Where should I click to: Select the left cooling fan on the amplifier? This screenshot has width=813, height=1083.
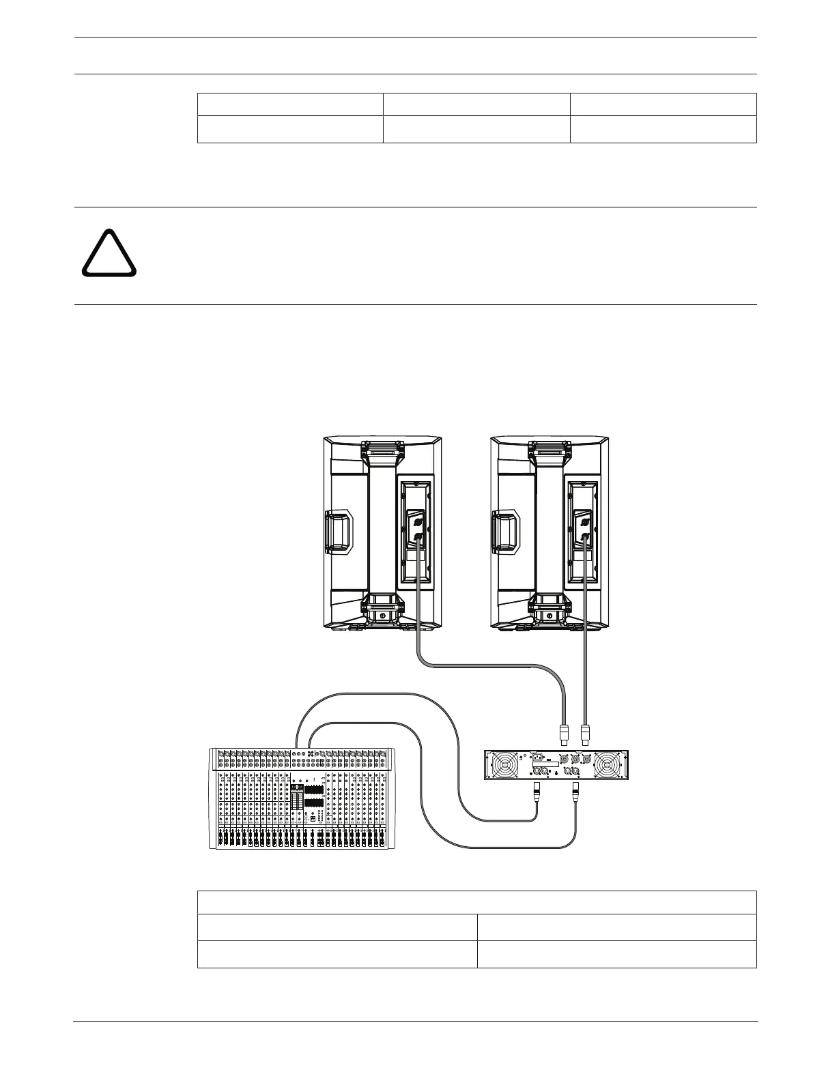pos(506,764)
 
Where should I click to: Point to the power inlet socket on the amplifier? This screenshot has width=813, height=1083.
pos(537,757)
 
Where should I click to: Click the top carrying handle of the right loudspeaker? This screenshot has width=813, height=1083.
pos(550,450)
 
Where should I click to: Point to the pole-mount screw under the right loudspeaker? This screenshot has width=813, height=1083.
pos(550,616)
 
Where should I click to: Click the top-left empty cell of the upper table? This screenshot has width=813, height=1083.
pos(289,104)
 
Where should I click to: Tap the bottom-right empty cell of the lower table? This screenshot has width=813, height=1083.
pos(616,954)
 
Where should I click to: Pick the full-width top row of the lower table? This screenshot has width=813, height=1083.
pos(476,902)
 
